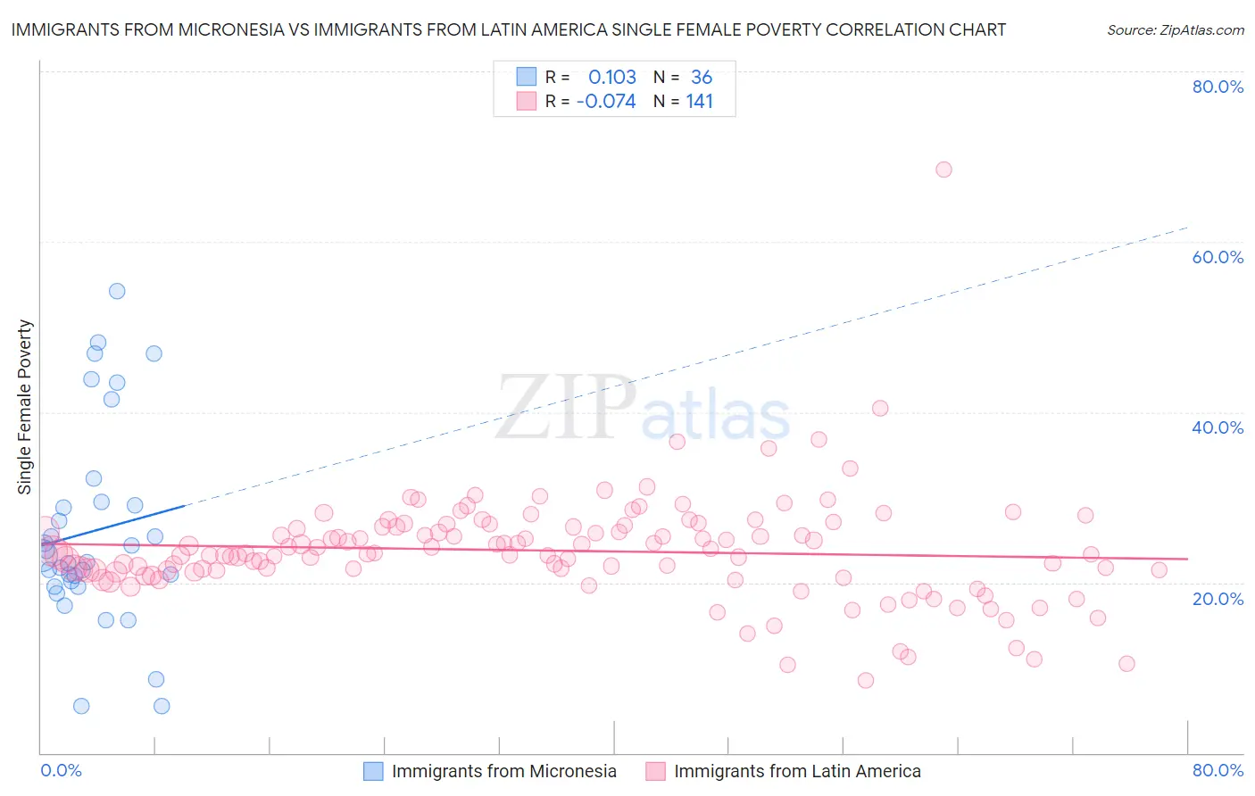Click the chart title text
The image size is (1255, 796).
[508, 29]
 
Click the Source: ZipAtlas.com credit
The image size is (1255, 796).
[1175, 29]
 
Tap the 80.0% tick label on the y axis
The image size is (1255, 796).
[1218, 87]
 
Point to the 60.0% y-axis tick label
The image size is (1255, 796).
[1218, 257]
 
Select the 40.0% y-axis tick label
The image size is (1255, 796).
[1218, 427]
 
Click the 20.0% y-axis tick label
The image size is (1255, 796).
[1218, 598]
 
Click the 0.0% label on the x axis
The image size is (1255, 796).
[61, 770]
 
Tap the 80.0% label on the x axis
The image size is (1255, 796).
[1218, 770]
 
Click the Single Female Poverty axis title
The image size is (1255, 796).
[25, 407]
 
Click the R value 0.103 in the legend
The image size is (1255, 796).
[612, 78]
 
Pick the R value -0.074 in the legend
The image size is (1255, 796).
[606, 102]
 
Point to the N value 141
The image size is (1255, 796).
[700, 102]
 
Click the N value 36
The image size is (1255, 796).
[702, 78]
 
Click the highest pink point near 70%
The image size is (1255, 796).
[943, 170]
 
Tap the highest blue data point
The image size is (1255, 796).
[117, 291]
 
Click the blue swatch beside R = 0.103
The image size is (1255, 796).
[527, 77]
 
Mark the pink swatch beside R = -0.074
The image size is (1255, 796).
[527, 101]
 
